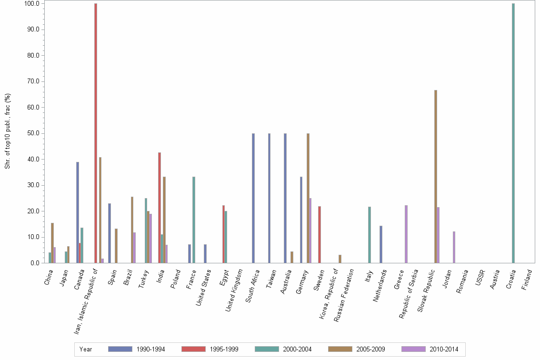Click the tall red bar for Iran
tap(96, 133)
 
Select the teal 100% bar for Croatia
tap(513, 133)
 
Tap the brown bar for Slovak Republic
tap(436, 177)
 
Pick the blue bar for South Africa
tap(253, 198)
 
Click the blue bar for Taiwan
tap(269, 198)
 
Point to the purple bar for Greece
tap(406, 234)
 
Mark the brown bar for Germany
tap(308, 198)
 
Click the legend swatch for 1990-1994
tap(120, 349)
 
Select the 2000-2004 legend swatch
tap(267, 349)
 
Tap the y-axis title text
tap(8, 131)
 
